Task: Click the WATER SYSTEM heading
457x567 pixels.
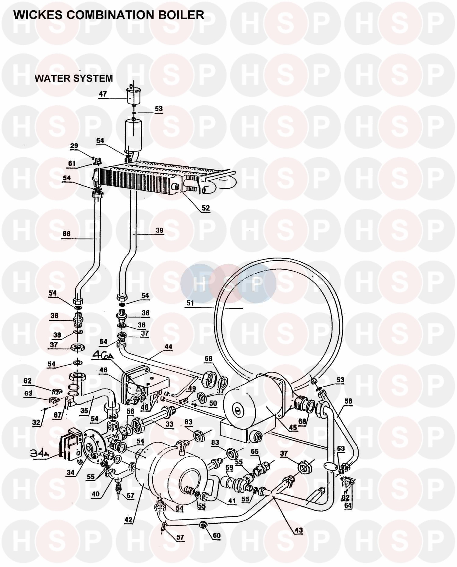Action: pyautogui.click(x=74, y=78)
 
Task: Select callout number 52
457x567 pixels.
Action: pyautogui.click(x=206, y=208)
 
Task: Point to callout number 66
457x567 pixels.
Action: pyautogui.click(x=66, y=234)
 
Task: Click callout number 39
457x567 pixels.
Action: pyautogui.click(x=159, y=231)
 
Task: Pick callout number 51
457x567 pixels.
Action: pyautogui.click(x=190, y=303)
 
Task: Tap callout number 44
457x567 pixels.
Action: pyautogui.click(x=168, y=347)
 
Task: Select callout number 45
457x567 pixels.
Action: pyautogui.click(x=293, y=427)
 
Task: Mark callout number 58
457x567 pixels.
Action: pyautogui.click(x=348, y=401)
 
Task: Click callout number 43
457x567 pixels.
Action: pyautogui.click(x=299, y=530)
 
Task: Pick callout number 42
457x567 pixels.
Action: pyautogui.click(x=128, y=519)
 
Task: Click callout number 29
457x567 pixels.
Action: pyautogui.click(x=74, y=146)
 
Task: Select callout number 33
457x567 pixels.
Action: pyautogui.click(x=169, y=424)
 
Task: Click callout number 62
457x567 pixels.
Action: pyautogui.click(x=27, y=381)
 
